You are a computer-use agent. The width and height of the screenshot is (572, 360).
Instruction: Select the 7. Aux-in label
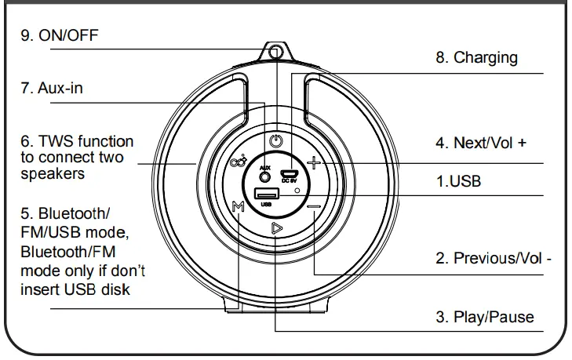[51, 89]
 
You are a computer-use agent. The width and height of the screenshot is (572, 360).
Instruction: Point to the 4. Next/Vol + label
[481, 144]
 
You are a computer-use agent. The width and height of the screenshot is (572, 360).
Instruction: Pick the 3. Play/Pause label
[484, 317]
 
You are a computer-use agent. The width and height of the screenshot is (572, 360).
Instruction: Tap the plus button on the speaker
[314, 163]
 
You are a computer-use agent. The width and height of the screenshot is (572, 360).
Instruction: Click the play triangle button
[275, 229]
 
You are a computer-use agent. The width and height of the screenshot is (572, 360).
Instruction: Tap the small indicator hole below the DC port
[297, 191]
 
